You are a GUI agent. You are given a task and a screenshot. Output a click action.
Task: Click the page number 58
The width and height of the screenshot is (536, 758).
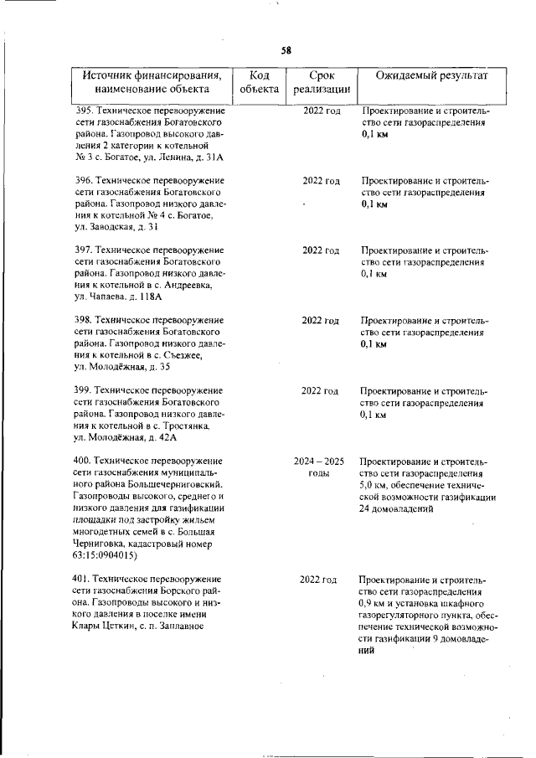[x=286, y=50]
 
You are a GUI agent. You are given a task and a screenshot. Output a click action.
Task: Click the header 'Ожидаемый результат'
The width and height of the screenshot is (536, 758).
[x=430, y=76]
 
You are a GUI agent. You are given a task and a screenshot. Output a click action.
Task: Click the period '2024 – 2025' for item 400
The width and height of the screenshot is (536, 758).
[x=319, y=462]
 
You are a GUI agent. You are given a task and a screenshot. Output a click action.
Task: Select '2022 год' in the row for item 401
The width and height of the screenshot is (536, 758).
[x=319, y=580]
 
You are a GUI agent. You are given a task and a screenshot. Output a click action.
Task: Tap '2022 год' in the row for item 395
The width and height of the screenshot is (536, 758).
[x=321, y=111]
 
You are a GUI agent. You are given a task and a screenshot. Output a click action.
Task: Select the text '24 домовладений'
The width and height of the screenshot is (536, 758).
[x=397, y=508]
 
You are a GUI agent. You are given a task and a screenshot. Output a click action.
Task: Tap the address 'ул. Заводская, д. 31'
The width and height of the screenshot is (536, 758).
[x=117, y=227]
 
